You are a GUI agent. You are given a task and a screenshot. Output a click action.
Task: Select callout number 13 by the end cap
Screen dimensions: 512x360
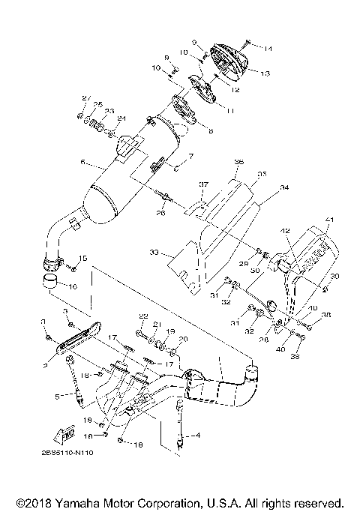265,73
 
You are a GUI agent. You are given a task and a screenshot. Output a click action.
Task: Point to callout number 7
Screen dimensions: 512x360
191,156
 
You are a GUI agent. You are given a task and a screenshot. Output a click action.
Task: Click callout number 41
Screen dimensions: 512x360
328,219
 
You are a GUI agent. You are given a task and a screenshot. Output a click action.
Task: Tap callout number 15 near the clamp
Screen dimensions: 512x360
83,259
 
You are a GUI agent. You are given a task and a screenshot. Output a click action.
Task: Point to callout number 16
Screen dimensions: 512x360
73,286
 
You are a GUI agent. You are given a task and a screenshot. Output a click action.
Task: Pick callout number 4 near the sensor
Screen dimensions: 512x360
198,434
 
